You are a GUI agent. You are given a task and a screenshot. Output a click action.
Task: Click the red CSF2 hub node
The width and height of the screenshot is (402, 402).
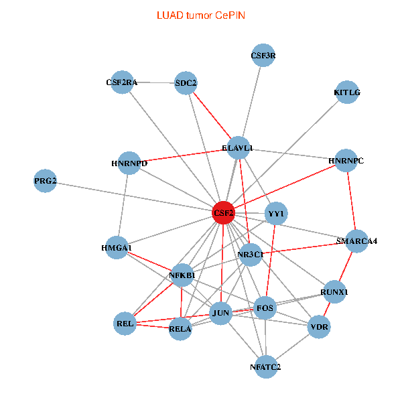click(224, 213)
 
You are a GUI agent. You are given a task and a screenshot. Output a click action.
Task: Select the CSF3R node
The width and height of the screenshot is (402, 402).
click(263, 56)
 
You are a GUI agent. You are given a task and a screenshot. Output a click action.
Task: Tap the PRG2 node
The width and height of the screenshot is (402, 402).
click(45, 182)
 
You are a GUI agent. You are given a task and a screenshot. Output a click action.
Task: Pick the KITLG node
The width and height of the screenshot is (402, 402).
click(347, 92)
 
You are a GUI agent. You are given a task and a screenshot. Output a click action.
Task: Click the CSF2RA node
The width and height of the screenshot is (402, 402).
click(122, 82)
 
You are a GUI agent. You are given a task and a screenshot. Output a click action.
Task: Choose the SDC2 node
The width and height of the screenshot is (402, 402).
click(186, 83)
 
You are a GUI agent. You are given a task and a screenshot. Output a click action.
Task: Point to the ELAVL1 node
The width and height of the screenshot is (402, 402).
click(239, 147)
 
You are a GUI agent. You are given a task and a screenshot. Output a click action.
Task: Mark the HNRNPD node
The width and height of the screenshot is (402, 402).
click(129, 163)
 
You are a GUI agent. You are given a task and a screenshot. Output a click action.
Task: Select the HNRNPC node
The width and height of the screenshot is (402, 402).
click(346, 161)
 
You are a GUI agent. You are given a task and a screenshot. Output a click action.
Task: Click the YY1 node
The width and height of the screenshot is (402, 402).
click(276, 214)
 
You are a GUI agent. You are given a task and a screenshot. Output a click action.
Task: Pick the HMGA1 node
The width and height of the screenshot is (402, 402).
click(117, 248)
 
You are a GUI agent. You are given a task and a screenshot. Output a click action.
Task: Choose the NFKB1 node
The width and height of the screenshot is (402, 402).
click(182, 275)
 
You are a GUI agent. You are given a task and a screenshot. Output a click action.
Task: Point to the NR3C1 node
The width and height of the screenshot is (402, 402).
click(250, 255)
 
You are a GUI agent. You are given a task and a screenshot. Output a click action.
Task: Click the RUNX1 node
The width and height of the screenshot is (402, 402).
click(334, 292)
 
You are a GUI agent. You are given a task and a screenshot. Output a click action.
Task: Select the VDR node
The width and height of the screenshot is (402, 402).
click(319, 328)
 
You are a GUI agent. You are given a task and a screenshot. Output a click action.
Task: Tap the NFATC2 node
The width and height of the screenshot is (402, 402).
click(266, 366)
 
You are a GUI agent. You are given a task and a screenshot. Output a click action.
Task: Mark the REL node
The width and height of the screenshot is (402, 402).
click(125, 324)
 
